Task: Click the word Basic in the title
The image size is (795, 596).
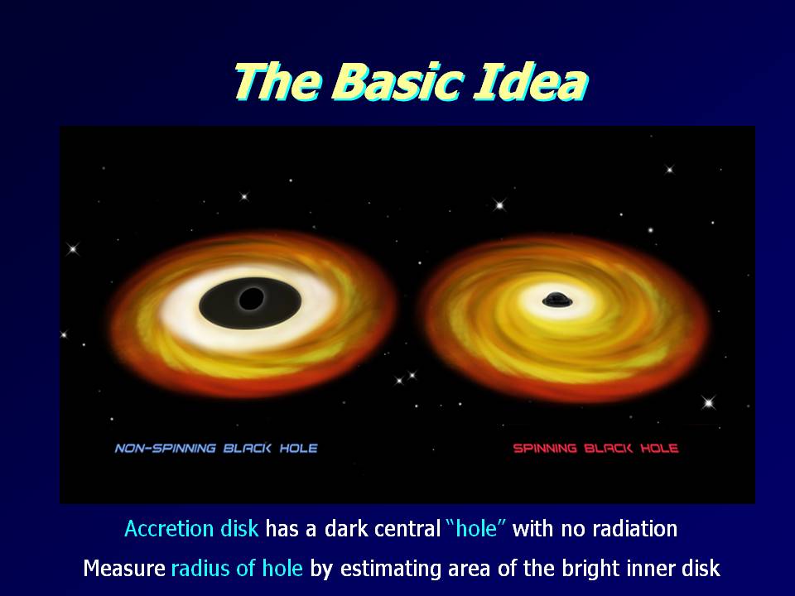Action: pyautogui.click(x=397, y=81)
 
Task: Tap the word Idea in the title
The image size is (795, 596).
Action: pyautogui.click(x=530, y=81)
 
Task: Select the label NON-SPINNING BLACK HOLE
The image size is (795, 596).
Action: pyautogui.click(x=216, y=449)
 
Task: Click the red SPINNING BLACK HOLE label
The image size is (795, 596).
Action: pyautogui.click(x=595, y=449)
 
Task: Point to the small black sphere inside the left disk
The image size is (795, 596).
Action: pyautogui.click(x=251, y=299)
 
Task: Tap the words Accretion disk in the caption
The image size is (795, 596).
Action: pyautogui.click(x=191, y=529)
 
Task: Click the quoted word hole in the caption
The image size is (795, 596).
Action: pyautogui.click(x=476, y=529)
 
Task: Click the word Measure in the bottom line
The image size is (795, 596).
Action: pyautogui.click(x=124, y=568)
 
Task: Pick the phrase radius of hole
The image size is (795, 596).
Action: pyautogui.click(x=238, y=568)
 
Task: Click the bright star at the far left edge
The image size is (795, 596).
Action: pyautogui.click(x=73, y=249)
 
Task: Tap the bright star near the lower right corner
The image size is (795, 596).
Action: pyautogui.click(x=708, y=403)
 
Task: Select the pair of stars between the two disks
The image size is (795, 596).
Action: pyautogui.click(x=406, y=378)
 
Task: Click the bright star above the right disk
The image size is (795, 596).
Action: pyautogui.click(x=500, y=205)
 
